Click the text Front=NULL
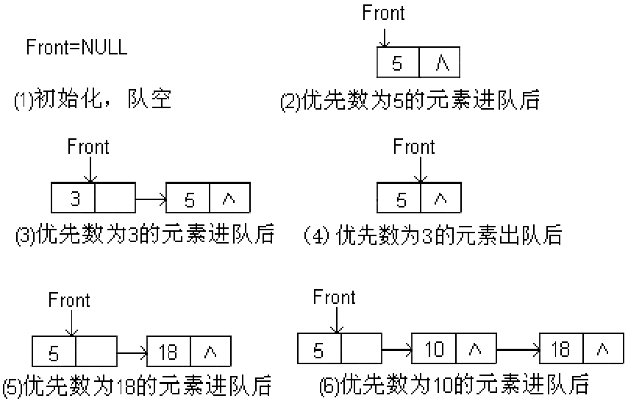(x=76, y=48)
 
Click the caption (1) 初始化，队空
(x=93, y=99)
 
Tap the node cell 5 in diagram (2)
(x=398, y=63)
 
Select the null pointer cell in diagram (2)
(x=440, y=63)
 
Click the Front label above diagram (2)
(x=384, y=13)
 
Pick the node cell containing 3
(x=74, y=199)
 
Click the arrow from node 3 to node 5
(x=151, y=199)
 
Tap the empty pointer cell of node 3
(x=115, y=199)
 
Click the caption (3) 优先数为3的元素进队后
(x=144, y=235)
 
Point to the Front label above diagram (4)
(x=414, y=146)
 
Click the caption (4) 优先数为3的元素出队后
(x=432, y=235)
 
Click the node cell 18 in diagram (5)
(x=168, y=352)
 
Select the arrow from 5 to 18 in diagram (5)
(x=132, y=352)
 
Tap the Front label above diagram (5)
(x=69, y=300)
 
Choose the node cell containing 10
(x=434, y=349)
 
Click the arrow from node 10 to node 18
(x=518, y=349)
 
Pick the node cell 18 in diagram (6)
(x=561, y=349)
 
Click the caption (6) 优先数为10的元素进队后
(x=454, y=384)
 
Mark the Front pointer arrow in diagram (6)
(x=335, y=321)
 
